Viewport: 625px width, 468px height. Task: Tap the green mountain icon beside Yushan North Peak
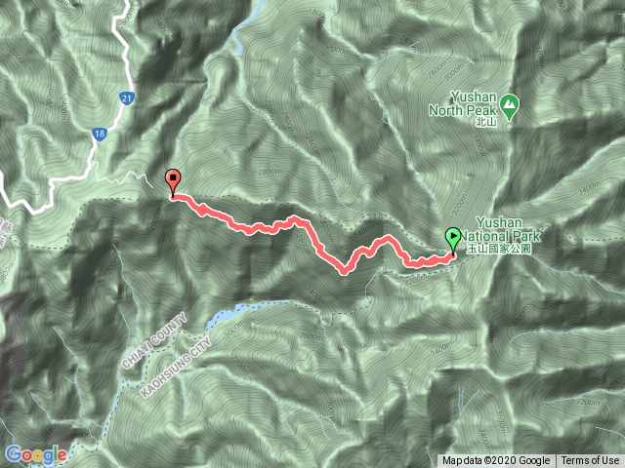point(510,102)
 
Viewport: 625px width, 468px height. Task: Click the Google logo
point(35,454)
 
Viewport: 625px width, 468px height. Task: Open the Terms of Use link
point(590,461)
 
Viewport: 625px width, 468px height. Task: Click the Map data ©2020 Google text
point(496,461)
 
